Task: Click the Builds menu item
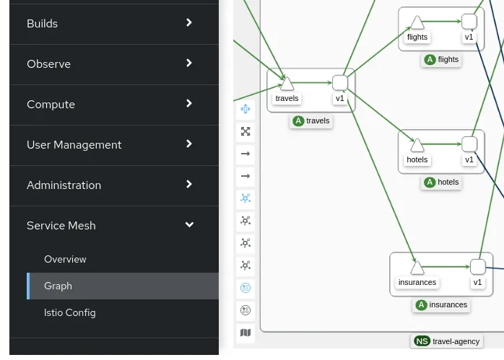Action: (42, 24)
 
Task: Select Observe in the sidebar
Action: (48, 64)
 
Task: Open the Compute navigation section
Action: (51, 105)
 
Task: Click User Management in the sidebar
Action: (74, 145)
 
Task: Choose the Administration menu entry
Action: (64, 185)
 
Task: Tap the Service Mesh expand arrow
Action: (189, 225)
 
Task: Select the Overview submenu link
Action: (65, 259)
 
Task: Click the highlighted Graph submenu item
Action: (58, 286)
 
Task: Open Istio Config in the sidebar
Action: (69, 312)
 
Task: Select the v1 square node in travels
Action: (339, 83)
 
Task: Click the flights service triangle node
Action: (417, 22)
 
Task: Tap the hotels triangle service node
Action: (417, 145)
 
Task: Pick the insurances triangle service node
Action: (417, 268)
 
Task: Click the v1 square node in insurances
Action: (477, 267)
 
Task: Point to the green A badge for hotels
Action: (430, 183)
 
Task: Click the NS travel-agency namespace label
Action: (446, 341)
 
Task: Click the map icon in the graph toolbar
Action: (246, 333)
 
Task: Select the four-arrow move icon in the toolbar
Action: (246, 109)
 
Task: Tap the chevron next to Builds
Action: (189, 23)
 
